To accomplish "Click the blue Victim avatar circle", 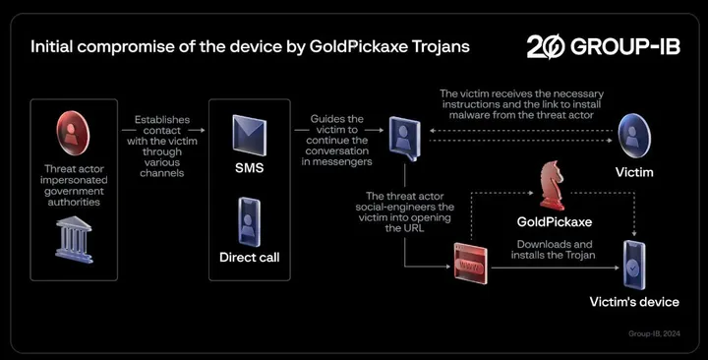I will click(633, 132).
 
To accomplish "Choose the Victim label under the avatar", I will click(633, 170).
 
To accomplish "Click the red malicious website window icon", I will click(470, 266).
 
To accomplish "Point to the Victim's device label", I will click(633, 301).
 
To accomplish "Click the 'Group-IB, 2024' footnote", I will click(653, 334).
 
